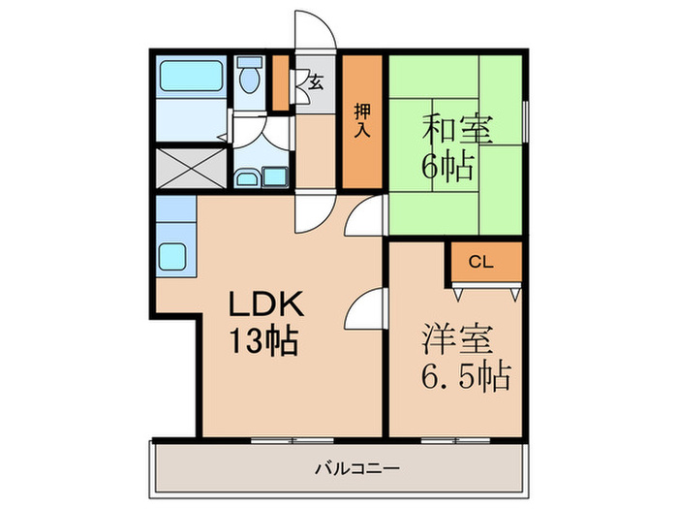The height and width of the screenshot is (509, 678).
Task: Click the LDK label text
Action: pos(266,305)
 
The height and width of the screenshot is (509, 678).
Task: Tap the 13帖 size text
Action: pos(262,341)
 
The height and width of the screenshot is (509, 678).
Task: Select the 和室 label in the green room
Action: pos(456,129)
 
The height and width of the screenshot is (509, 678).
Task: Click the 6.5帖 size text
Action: pos(465,375)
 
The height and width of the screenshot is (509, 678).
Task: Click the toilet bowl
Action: pos(250,78)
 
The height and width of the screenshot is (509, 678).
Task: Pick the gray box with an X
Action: pos(191,167)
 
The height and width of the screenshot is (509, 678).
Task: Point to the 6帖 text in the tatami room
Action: pos(447,166)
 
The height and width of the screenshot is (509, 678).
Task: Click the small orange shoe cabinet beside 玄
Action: pos(282,83)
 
